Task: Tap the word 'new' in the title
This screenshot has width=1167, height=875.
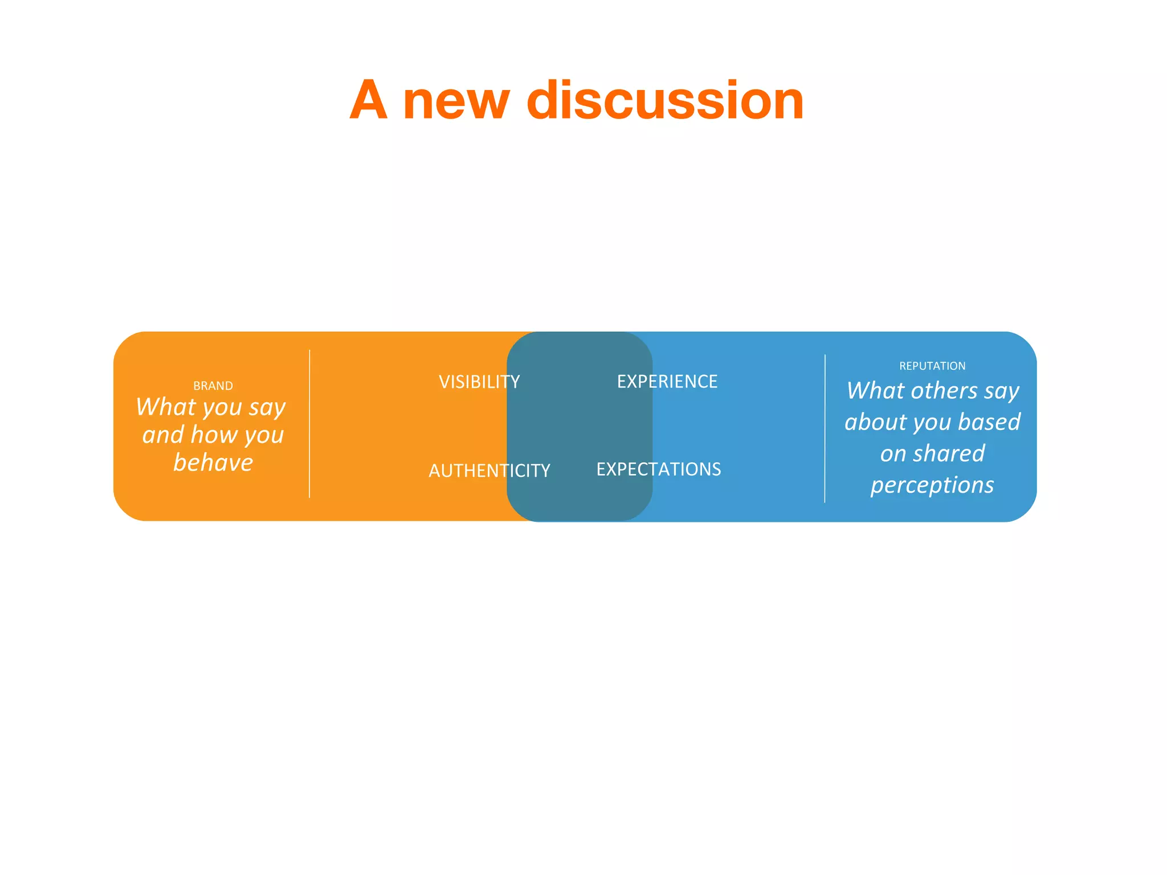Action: pos(456,103)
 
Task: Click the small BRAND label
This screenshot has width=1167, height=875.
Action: pos(213,386)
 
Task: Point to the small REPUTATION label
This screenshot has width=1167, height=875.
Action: pos(932,366)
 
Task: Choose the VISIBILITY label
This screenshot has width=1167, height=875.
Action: pos(479,382)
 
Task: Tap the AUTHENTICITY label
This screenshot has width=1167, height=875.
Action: pos(489,471)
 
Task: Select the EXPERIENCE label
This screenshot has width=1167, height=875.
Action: pos(667,381)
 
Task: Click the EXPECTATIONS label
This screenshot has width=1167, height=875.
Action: pos(659,469)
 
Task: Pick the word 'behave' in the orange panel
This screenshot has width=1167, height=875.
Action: pos(213,463)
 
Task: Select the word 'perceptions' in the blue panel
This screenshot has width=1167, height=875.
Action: pos(932,485)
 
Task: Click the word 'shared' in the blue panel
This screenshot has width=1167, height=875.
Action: pos(948,454)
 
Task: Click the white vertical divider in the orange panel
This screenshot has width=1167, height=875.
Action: pos(309,424)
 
